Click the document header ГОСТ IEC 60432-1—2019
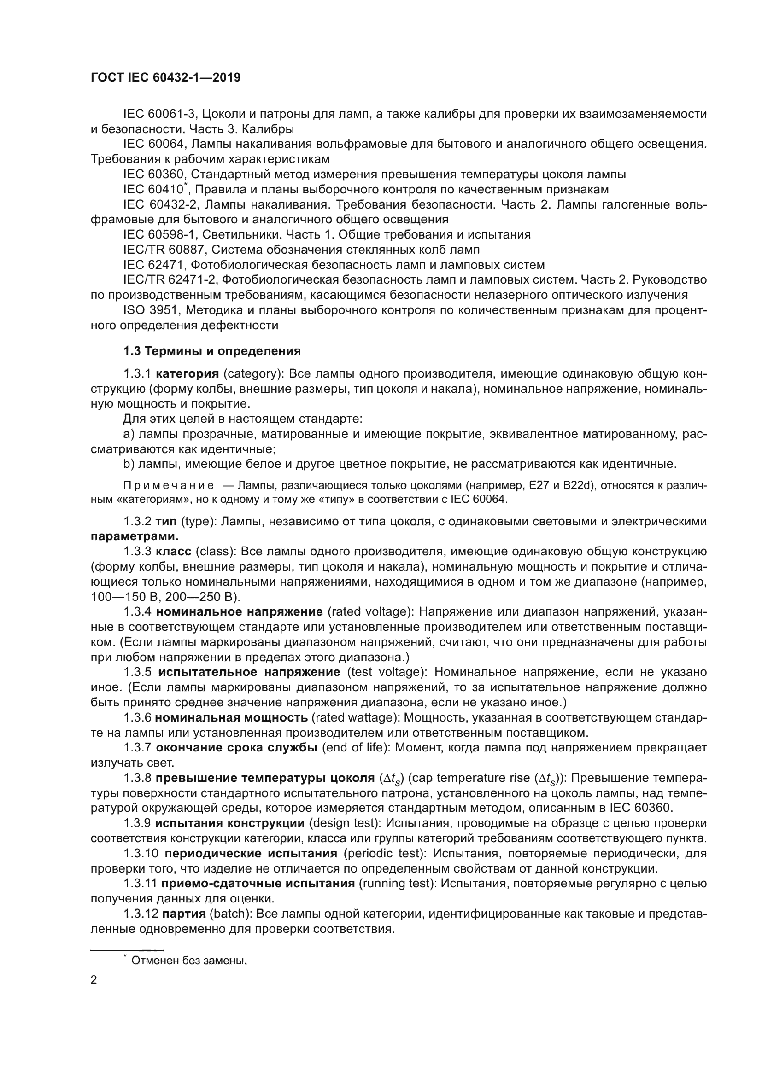point(165,77)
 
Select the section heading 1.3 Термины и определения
point(211,351)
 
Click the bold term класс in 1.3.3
point(173,551)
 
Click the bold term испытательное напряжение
point(249,672)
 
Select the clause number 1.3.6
point(137,717)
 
